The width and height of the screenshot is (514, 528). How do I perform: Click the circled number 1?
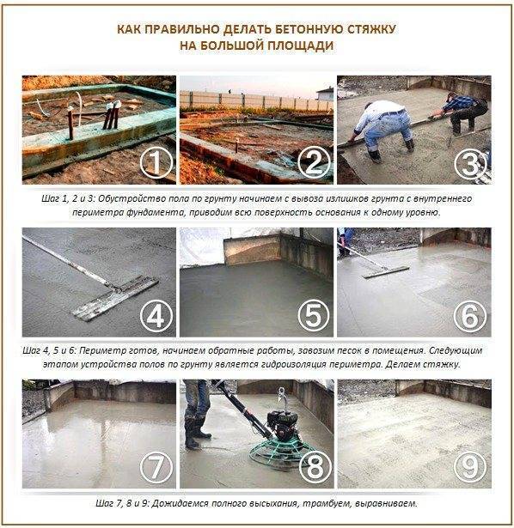(x=156, y=162)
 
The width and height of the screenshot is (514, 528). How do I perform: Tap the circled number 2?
(x=314, y=162)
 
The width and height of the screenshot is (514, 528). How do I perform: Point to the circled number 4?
(x=156, y=316)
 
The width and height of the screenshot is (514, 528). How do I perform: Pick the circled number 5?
(x=314, y=316)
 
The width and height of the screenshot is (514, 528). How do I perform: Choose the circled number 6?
(x=470, y=316)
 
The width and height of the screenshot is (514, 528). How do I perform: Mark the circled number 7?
(x=156, y=467)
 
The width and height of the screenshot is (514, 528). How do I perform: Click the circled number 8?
(x=315, y=467)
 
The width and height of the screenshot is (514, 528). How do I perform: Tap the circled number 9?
(x=470, y=467)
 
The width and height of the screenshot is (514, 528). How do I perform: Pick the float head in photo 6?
(x=386, y=272)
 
